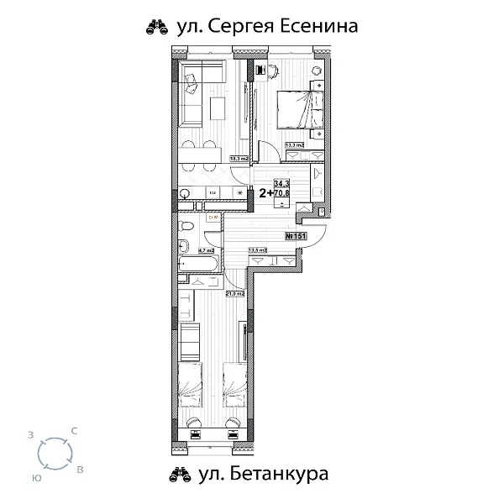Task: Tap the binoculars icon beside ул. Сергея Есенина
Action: tap(160, 28)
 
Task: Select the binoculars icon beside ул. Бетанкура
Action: tap(180, 476)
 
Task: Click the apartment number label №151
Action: tap(295, 237)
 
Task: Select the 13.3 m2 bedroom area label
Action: tap(294, 144)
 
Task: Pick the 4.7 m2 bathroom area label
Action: tap(207, 249)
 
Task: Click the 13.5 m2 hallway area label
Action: tap(256, 249)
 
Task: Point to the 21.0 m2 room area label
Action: tap(234, 293)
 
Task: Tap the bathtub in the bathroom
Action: tap(198, 265)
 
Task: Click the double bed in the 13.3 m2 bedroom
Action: tap(297, 108)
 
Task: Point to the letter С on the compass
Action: tap(75, 431)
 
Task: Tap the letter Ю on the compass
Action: tap(36, 476)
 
